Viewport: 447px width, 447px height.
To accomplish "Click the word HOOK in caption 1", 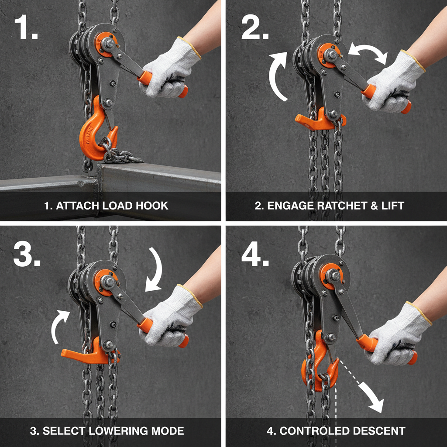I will click(x=153, y=206).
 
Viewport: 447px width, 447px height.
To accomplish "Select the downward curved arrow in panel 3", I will click(x=155, y=268).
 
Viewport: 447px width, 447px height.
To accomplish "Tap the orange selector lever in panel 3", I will click(x=83, y=354).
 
